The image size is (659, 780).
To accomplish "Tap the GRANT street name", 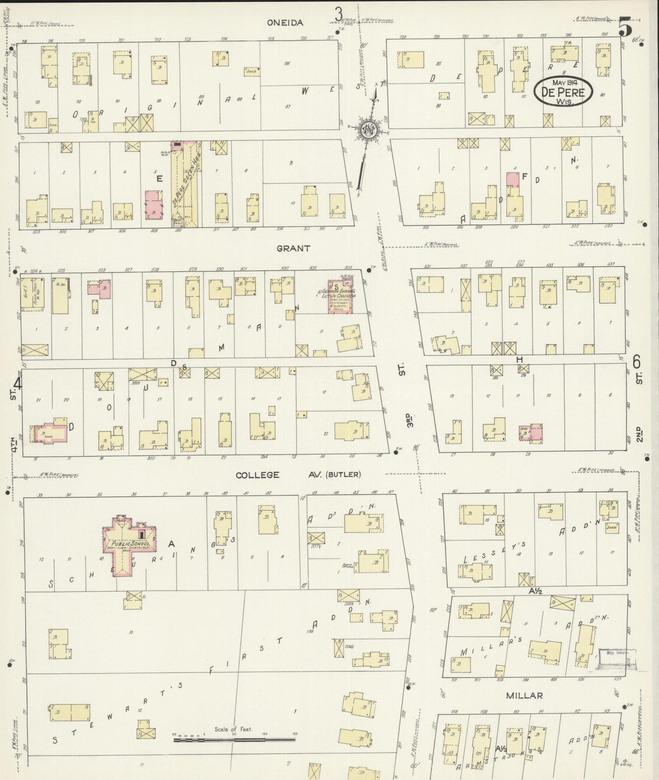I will (x=293, y=248).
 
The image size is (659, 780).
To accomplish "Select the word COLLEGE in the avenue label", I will (x=258, y=475).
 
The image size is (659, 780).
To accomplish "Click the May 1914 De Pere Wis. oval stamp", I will (x=564, y=92).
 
